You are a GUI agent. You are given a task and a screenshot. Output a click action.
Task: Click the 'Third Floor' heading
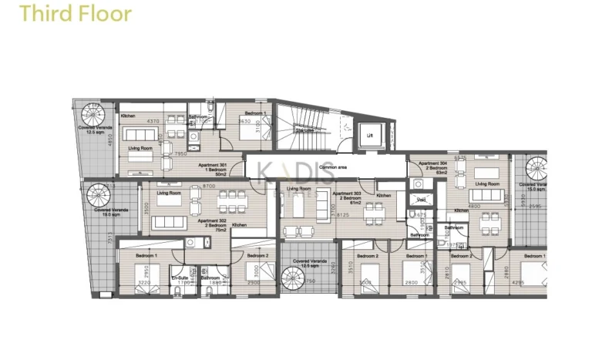click(76, 14)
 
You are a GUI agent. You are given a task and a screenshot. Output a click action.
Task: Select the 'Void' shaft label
click(421, 200)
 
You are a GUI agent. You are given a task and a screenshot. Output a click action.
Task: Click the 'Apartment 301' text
click(213, 166)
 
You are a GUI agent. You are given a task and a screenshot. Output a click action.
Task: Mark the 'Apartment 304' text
click(432, 163)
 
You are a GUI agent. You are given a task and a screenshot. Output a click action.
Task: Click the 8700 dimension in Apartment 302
click(208, 187)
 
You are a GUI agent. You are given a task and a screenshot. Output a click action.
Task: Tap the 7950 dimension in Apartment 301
click(180, 154)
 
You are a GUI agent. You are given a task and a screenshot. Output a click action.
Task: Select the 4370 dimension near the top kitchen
click(153, 121)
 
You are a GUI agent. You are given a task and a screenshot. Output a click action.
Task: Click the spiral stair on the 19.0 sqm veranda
click(99, 196)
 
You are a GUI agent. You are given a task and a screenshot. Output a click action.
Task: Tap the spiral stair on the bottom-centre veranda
click(295, 278)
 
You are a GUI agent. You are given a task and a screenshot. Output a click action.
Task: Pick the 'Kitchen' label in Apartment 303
click(383, 196)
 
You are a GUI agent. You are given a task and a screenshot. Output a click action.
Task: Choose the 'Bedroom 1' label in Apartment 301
click(255, 113)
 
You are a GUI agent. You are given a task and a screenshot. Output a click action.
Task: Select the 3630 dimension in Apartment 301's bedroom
click(241, 122)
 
